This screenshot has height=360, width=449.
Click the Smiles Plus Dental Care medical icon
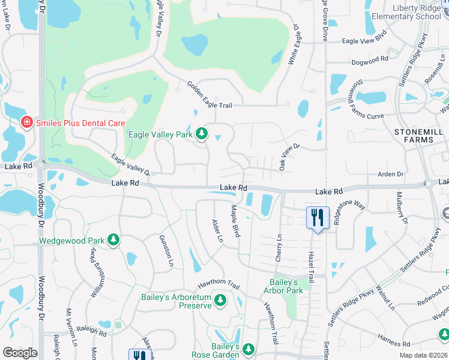[x=26, y=123]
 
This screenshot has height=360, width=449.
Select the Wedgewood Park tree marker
[x=113, y=241]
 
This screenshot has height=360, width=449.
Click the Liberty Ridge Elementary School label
[x=408, y=12]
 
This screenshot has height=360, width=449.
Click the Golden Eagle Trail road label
[x=209, y=95]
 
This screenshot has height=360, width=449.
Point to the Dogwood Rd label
[x=370, y=61]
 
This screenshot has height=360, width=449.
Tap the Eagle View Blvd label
[x=364, y=40]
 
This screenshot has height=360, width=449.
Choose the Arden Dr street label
[x=391, y=174]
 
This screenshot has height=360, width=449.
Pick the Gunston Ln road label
[x=165, y=250]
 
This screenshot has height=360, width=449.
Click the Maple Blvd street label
[x=235, y=221]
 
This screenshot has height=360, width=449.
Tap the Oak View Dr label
[x=289, y=157]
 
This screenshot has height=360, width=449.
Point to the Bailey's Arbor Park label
[x=283, y=286]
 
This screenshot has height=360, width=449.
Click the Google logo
[x=20, y=353]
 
